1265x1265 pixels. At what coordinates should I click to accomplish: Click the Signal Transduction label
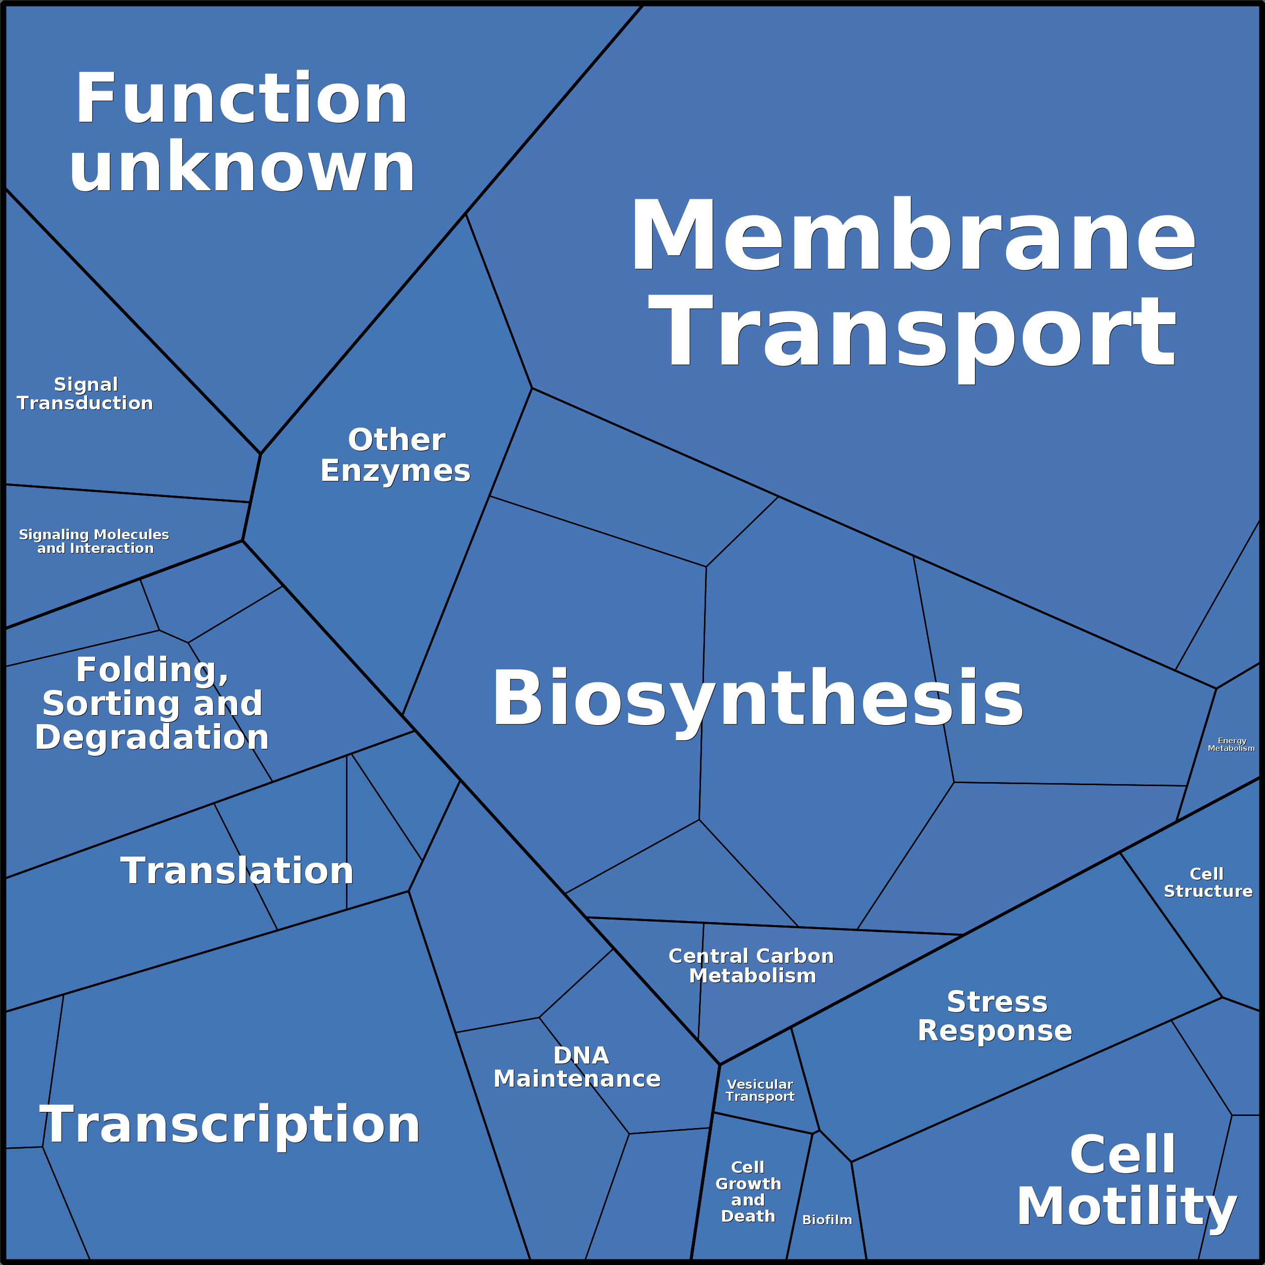tap(85, 393)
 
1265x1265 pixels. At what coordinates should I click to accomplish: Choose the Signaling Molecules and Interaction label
tap(94, 541)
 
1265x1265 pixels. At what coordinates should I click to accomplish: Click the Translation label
tap(237, 871)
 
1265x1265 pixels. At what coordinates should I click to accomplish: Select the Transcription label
tap(230, 1125)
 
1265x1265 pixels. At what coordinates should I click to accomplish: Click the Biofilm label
tap(827, 1220)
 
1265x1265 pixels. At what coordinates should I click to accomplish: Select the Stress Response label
tap(995, 1016)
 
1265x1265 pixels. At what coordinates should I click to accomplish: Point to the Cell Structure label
tap(1208, 883)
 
